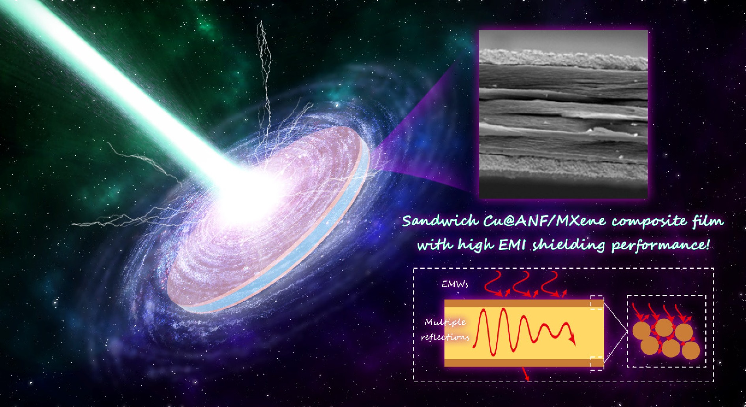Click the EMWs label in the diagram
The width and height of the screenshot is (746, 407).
pyautogui.click(x=455, y=284)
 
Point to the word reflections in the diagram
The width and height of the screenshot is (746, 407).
pyautogui.click(x=445, y=337)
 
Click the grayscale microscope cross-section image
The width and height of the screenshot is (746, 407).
pyautogui.click(x=563, y=114)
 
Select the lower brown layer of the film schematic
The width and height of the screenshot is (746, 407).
pyautogui.click(x=524, y=362)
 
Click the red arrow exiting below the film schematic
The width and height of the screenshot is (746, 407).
pyautogui.click(x=525, y=374)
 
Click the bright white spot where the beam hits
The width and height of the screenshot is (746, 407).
pyautogui.click(x=247, y=192)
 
